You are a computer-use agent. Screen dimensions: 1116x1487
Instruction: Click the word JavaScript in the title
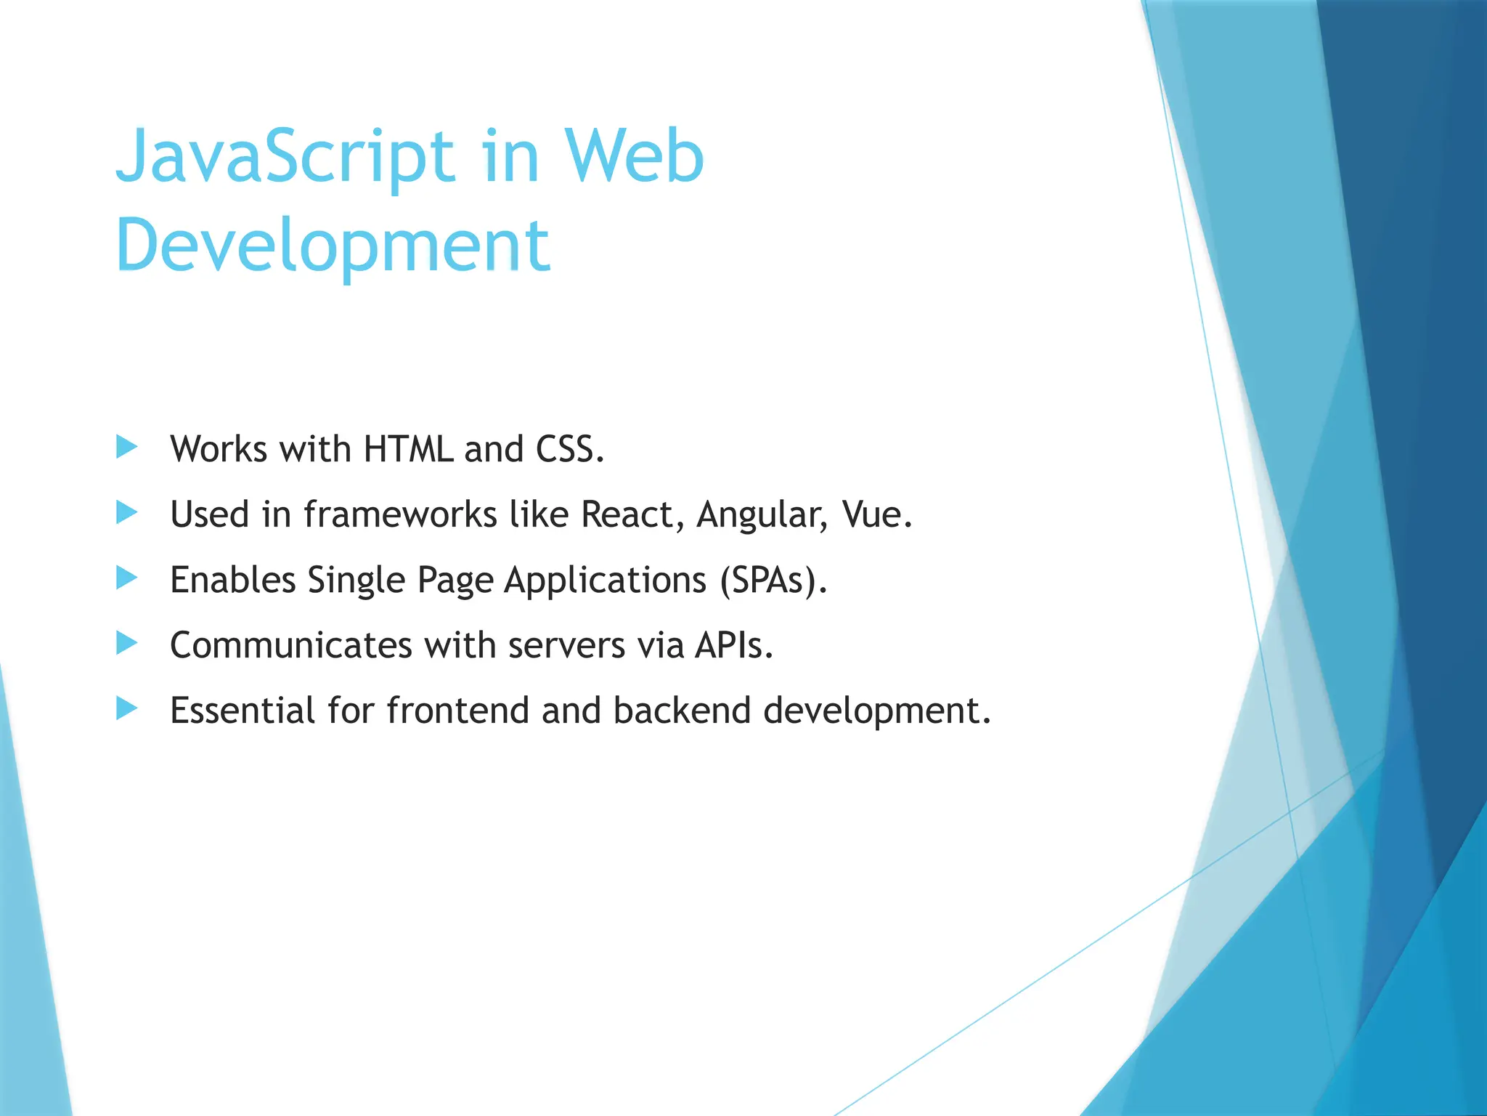pyautogui.click(x=285, y=156)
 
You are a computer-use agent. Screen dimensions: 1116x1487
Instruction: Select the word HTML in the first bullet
pyautogui.click(x=408, y=449)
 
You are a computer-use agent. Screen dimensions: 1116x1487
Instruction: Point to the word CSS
pyautogui.click(x=569, y=449)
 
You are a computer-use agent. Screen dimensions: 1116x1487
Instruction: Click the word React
pyautogui.click(x=632, y=514)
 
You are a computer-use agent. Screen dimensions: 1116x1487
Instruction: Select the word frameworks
pyautogui.click(x=400, y=514)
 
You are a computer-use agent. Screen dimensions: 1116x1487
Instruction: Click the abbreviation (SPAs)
pyautogui.click(x=774, y=581)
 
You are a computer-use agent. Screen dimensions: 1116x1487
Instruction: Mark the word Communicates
pyautogui.click(x=291, y=645)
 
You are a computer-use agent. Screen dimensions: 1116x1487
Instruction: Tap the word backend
pyautogui.click(x=682, y=711)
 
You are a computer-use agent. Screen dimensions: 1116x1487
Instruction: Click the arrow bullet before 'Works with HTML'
pyautogui.click(x=126, y=447)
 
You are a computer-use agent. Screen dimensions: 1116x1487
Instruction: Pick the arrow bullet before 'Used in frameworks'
pyautogui.click(x=126, y=512)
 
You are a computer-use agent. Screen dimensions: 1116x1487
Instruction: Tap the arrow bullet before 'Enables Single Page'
pyautogui.click(x=126, y=578)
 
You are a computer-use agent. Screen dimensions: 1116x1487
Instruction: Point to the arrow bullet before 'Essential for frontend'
pyautogui.click(x=126, y=708)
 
